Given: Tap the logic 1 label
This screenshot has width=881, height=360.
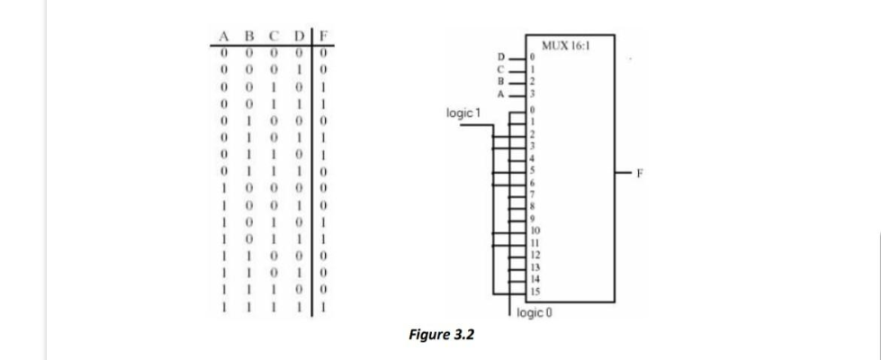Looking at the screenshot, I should [x=463, y=113].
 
